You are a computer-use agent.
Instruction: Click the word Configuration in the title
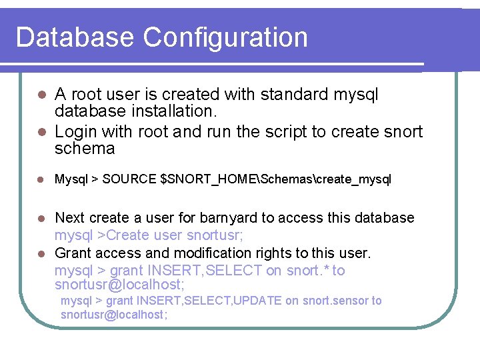(226, 38)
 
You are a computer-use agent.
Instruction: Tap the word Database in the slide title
(75, 37)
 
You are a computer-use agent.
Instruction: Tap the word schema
(85, 148)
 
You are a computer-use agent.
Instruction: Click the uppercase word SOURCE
(131, 179)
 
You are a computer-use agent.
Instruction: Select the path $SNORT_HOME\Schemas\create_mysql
(277, 179)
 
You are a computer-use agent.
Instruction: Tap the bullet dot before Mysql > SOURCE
(41, 180)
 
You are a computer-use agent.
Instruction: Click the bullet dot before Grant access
(41, 254)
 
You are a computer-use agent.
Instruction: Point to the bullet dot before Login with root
(41, 132)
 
